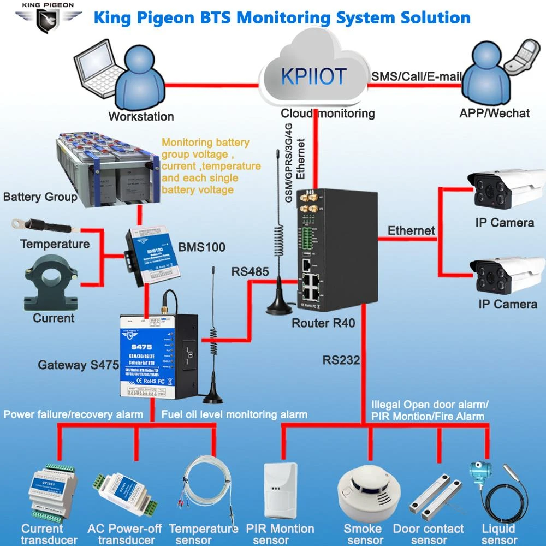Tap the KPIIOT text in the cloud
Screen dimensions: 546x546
pyautogui.click(x=313, y=76)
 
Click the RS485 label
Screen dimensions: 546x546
pyautogui.click(x=250, y=271)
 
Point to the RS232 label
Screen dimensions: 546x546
pyautogui.click(x=341, y=360)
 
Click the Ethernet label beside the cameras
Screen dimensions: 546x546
pyautogui.click(x=411, y=231)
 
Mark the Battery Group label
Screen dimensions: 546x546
pyautogui.click(x=40, y=197)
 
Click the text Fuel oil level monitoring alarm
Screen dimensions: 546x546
pyautogui.click(x=234, y=414)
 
